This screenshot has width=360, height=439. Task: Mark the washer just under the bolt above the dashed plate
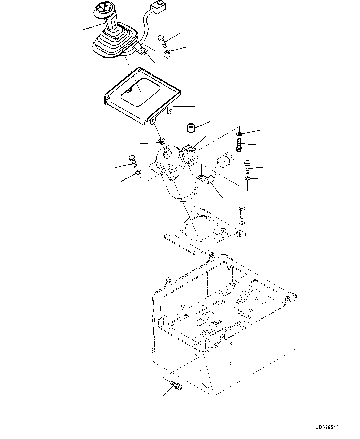click(242, 223)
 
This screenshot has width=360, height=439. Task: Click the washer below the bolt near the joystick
click(167, 52)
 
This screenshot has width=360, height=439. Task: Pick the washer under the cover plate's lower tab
click(161, 141)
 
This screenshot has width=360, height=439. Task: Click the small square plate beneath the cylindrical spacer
click(190, 149)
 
